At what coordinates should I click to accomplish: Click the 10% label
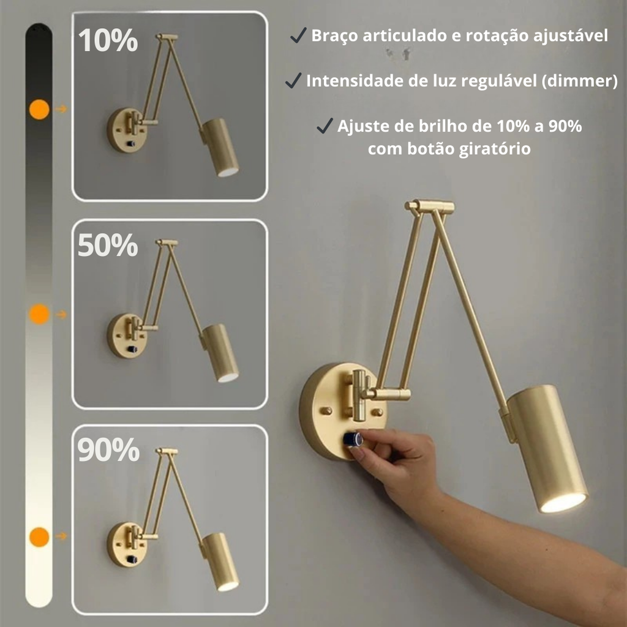pos(108,40)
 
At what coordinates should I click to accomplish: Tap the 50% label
pos(108,245)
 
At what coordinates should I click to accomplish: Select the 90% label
pos(108,450)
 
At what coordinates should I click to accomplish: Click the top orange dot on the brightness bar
pos(39,109)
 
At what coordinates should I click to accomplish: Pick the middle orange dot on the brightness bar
pos(39,314)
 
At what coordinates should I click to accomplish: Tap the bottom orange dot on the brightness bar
pos(39,536)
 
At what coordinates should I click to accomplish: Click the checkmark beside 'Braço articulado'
pos(298,35)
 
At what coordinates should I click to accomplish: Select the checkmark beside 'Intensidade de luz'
pos(293,80)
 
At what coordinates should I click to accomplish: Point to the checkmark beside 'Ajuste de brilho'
pos(325,126)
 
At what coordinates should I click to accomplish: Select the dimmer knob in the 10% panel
pos(131,144)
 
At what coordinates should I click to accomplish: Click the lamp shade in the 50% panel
pos(220,352)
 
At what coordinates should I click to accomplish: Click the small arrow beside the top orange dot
pos(61,109)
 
